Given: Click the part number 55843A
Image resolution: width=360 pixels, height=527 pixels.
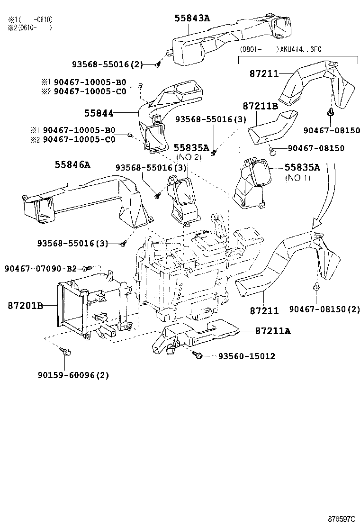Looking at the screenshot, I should click(191, 18).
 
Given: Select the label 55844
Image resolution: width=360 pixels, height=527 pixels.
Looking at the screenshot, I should click(99, 113).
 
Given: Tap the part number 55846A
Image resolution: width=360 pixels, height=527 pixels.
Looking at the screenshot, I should click(72, 164).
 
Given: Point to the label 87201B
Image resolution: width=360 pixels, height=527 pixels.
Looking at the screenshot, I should click(25, 306).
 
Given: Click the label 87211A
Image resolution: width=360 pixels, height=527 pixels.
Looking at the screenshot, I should click(272, 331).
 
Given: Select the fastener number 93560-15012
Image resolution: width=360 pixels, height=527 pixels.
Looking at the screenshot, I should click(246, 356).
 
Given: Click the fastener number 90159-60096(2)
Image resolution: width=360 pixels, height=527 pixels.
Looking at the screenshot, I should click(73, 375).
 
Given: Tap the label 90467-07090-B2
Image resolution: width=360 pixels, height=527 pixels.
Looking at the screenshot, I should click(41, 269).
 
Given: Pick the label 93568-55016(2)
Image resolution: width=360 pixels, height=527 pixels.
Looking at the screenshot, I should click(108, 64).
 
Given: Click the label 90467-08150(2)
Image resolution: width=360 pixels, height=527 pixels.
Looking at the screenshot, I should click(325, 309).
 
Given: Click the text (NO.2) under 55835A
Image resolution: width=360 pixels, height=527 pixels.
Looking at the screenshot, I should click(189, 156).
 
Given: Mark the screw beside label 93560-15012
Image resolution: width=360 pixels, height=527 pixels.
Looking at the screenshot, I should click(199, 355).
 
